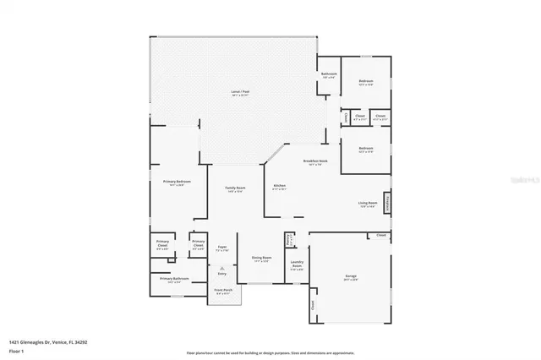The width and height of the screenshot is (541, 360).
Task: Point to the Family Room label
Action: click(x=234, y=188)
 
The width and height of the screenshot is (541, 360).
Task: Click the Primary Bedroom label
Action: click(x=177, y=183)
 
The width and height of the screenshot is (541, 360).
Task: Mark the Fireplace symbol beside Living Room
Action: click(x=389, y=203)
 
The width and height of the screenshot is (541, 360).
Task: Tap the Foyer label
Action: click(x=221, y=248)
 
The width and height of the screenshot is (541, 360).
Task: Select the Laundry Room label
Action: click(x=297, y=265)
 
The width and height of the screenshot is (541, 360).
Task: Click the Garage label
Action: click(x=350, y=278)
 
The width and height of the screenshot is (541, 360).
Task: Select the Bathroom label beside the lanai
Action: click(x=329, y=76)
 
